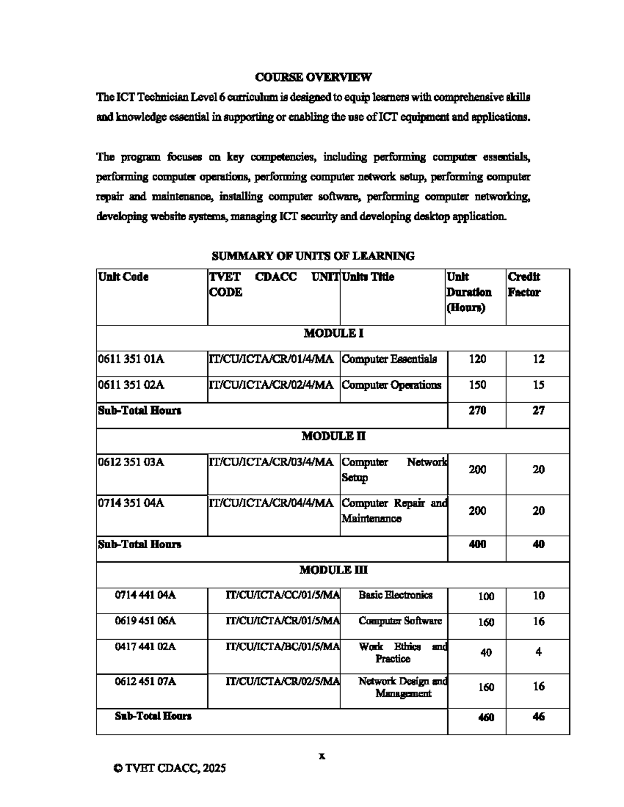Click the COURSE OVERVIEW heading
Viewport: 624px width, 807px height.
pyautogui.click(x=313, y=77)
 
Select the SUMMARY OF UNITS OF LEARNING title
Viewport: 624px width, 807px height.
pyautogui.click(x=313, y=256)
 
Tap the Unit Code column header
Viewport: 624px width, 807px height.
pyautogui.click(x=123, y=277)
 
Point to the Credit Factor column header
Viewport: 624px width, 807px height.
pyautogui.click(x=524, y=284)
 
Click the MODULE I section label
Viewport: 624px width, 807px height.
pyautogui.click(x=333, y=333)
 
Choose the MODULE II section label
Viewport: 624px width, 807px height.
pyautogui.click(x=333, y=436)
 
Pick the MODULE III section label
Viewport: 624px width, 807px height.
pyautogui.click(x=333, y=570)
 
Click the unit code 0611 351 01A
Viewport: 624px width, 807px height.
pyautogui.click(x=131, y=359)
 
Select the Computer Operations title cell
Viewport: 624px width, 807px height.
pyautogui.click(x=391, y=385)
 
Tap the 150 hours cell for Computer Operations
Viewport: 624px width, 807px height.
pyautogui.click(x=477, y=385)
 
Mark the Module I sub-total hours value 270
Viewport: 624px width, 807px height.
pyautogui.click(x=477, y=411)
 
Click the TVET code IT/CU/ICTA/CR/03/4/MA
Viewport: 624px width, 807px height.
pyautogui.click(x=271, y=462)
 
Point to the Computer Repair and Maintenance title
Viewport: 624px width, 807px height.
pyautogui.click(x=394, y=511)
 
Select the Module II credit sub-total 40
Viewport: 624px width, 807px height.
pyautogui.click(x=538, y=544)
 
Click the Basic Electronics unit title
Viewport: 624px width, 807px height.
pyautogui.click(x=395, y=595)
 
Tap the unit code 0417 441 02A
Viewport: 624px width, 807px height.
pyautogui.click(x=145, y=646)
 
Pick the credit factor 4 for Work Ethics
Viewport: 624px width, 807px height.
pyautogui.click(x=538, y=652)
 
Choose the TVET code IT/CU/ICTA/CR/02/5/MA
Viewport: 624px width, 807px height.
pyautogui.click(x=282, y=681)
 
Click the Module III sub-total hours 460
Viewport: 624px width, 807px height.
pyautogui.click(x=486, y=717)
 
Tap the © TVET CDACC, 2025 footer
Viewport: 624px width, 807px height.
pyautogui.click(x=170, y=768)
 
